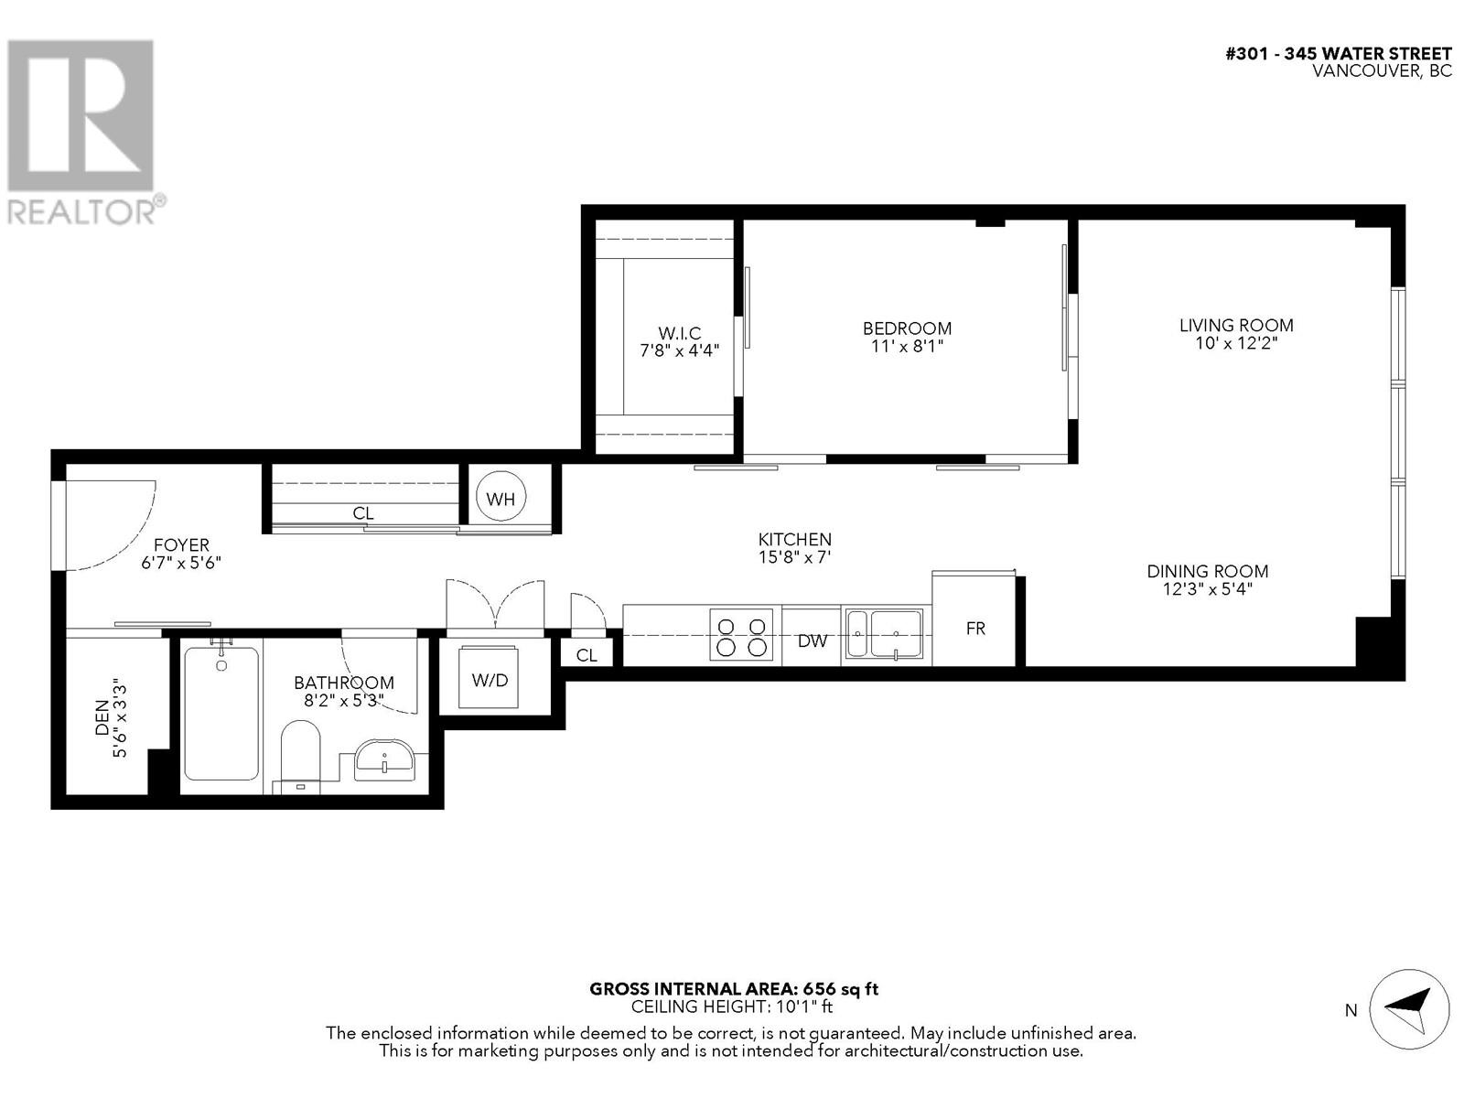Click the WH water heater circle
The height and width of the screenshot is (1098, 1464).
point(501,498)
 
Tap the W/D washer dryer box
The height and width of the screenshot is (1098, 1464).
point(490,679)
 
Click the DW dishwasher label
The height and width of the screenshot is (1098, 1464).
point(812,640)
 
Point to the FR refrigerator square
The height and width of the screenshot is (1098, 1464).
point(975,628)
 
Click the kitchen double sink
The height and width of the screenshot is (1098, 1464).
point(884,633)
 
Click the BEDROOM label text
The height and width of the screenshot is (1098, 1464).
point(907,328)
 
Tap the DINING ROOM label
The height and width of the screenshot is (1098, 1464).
point(1207,571)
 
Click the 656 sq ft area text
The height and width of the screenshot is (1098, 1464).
point(841,988)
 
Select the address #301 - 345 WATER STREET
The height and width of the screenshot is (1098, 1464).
point(1338,53)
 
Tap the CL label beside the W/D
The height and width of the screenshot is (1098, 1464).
point(587,654)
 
